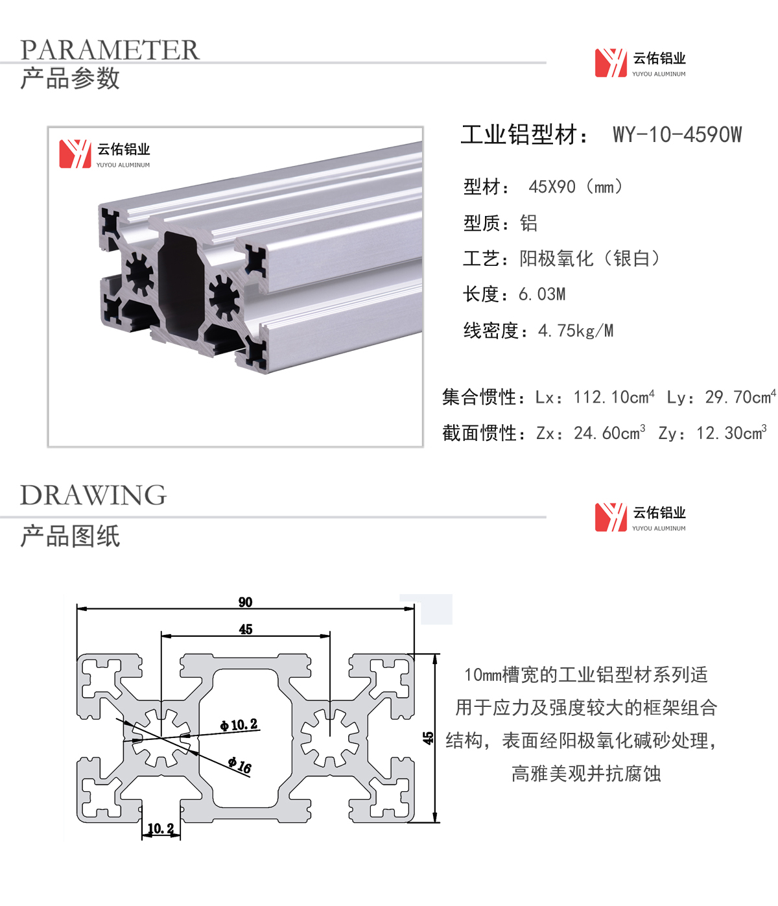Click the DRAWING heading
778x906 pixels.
93,495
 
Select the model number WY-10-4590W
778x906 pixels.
677,134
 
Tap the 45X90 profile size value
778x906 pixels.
552,187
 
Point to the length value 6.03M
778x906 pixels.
542,294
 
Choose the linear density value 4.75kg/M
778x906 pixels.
576,331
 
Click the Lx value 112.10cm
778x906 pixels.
613,397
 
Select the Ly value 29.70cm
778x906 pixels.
740,397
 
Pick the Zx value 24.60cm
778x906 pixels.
609,433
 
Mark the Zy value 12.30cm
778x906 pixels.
731,433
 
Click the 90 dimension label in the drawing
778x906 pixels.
245,602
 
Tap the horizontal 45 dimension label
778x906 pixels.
246,630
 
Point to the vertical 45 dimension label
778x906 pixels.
429,738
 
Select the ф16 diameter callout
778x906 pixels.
240,765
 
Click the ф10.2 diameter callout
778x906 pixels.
239,725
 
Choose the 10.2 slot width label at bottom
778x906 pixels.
161,828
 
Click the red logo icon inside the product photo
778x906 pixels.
75,154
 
